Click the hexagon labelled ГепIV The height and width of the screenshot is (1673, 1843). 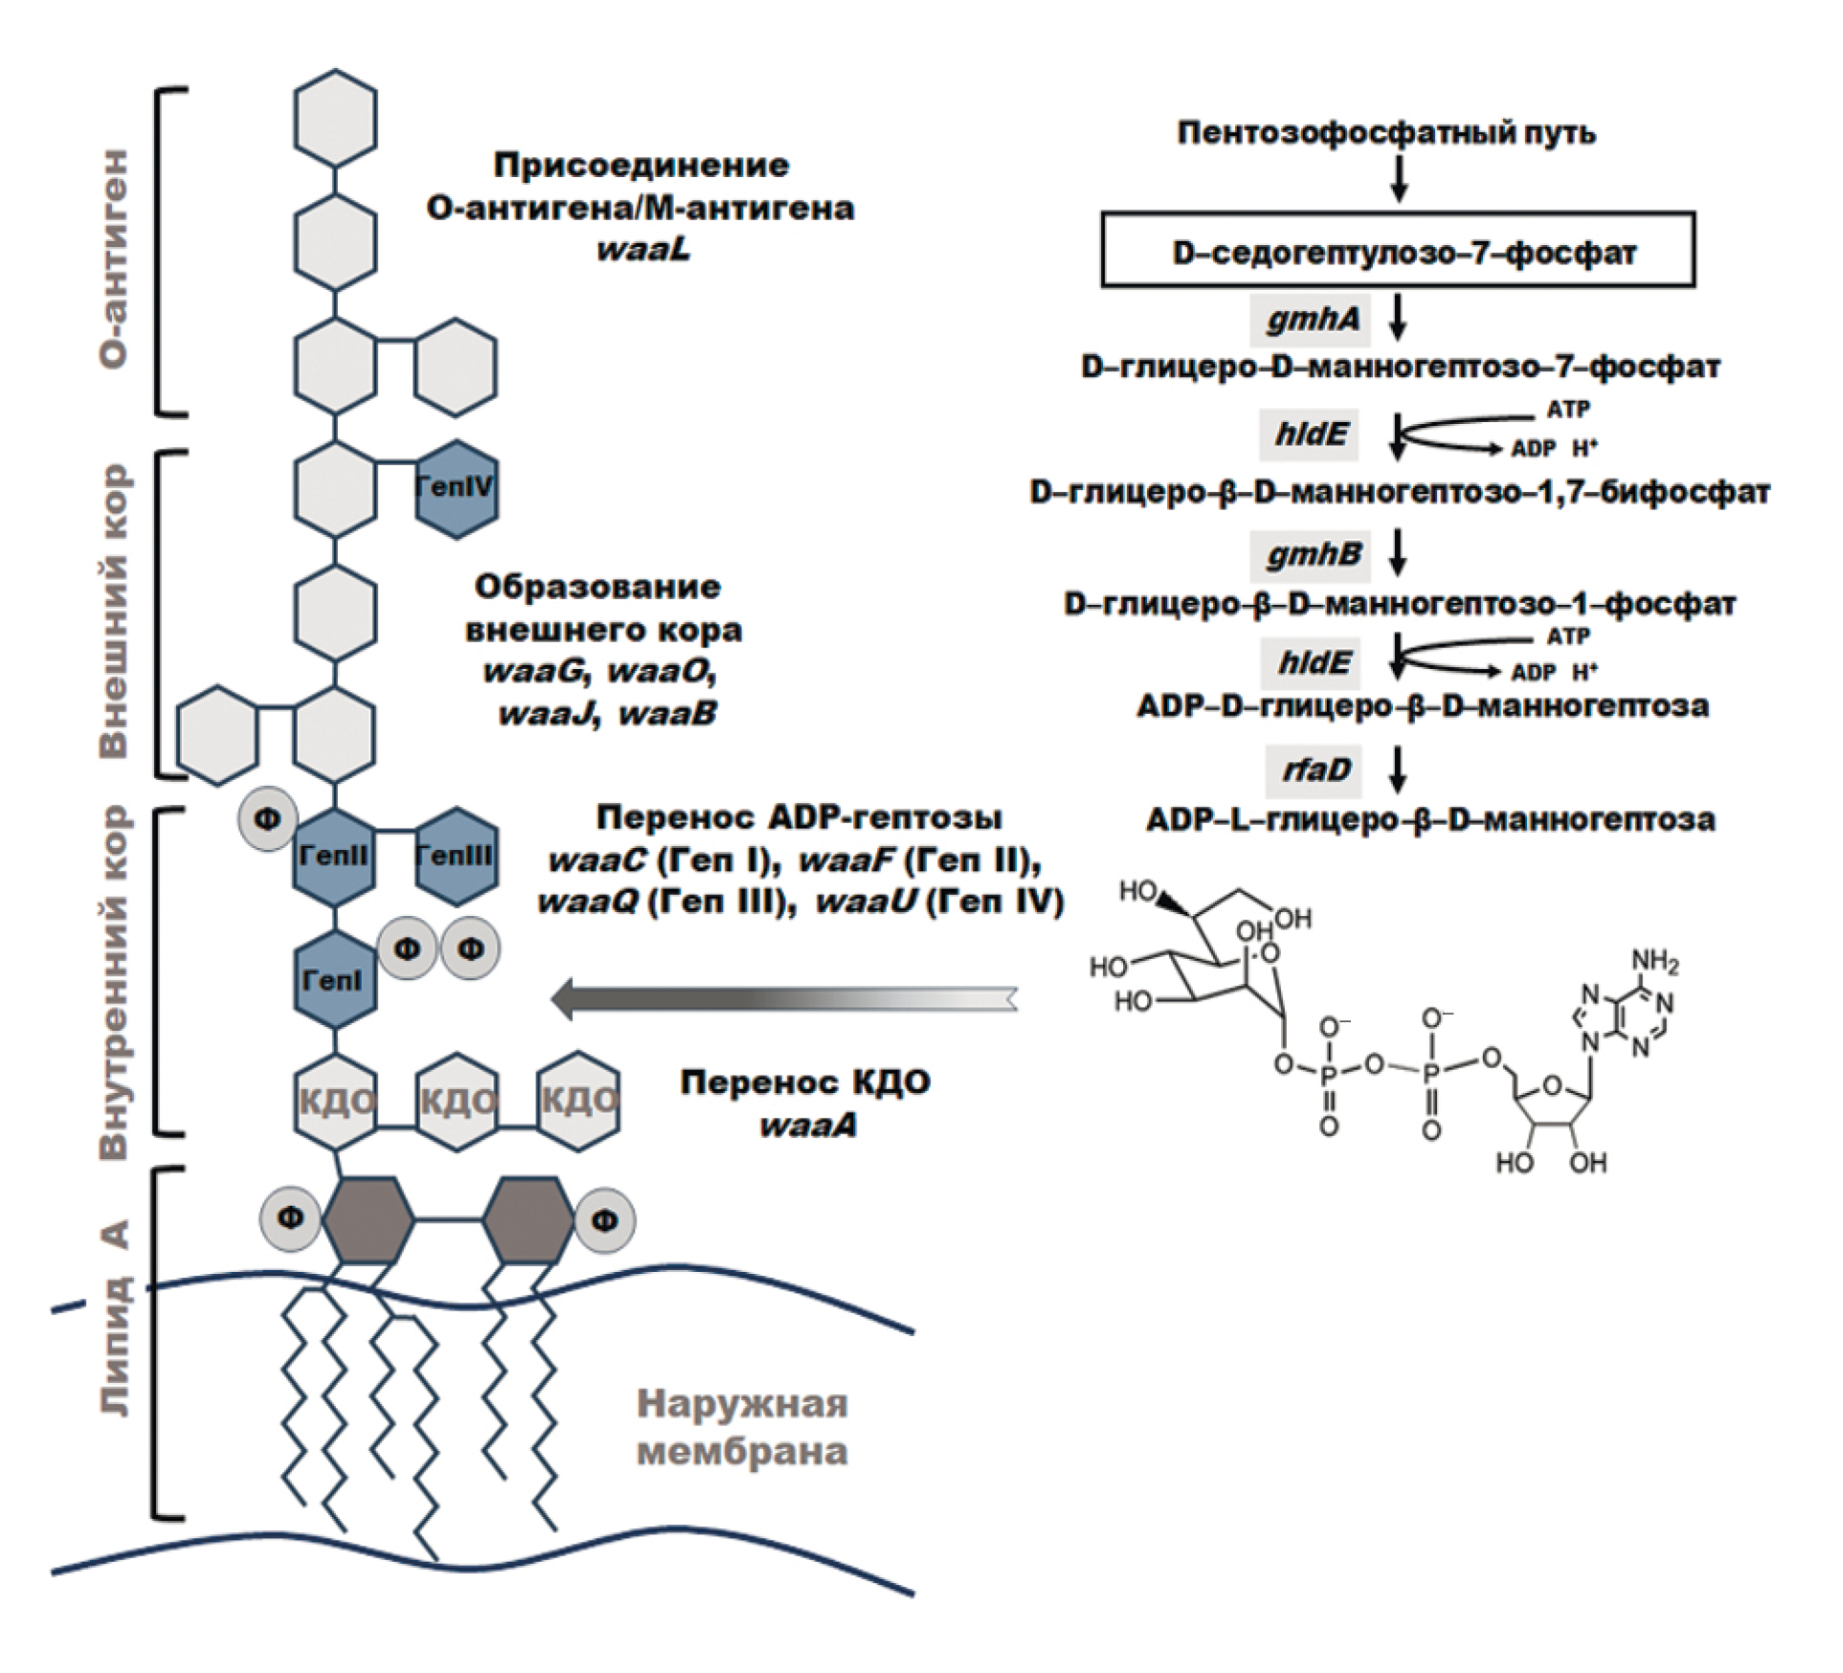click(457, 488)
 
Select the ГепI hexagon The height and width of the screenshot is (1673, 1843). click(334, 980)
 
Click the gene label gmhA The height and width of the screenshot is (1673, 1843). click(1311, 319)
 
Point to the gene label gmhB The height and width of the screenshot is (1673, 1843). click(1311, 555)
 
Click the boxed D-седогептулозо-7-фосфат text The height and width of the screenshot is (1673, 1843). click(1398, 252)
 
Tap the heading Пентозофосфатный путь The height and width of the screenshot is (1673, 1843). click(1386, 132)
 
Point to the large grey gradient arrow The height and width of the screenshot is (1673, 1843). click(785, 997)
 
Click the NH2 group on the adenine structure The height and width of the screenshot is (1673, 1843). click(1654, 961)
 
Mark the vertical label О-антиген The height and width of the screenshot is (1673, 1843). click(114, 258)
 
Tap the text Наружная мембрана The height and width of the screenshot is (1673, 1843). click(742, 1428)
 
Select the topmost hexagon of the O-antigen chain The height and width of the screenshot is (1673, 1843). click(334, 118)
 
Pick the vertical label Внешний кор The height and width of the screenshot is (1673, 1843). click(114, 613)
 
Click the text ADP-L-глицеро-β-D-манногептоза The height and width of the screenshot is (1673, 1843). click(1430, 820)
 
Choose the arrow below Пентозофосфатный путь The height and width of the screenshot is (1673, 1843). click(1399, 178)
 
